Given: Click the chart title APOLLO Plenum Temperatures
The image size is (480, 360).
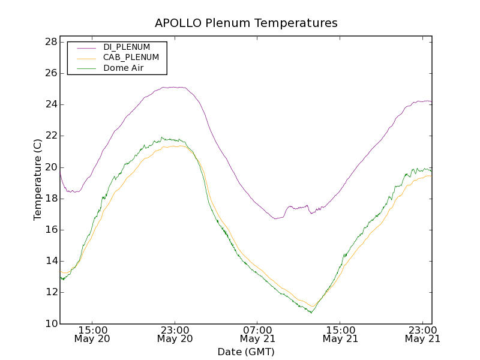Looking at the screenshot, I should [x=246, y=23].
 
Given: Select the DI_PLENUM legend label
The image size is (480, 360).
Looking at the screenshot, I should [x=127, y=47].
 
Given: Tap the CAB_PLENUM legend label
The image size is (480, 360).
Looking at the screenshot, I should [x=131, y=58].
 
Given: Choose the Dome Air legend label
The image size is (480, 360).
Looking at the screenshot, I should [x=123, y=68].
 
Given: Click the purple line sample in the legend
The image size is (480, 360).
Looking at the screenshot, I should [x=86, y=47].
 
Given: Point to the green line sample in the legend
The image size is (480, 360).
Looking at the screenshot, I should [x=86, y=68].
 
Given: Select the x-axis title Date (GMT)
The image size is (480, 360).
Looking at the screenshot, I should [x=245, y=352].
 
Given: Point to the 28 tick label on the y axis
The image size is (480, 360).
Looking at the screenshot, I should [x=50, y=42].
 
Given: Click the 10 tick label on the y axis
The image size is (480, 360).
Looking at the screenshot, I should [x=50, y=324].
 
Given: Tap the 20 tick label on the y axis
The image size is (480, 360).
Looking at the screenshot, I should [x=50, y=167].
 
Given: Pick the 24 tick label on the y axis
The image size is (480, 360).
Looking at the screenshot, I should [x=50, y=104].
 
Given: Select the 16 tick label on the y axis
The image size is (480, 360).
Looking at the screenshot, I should [x=50, y=230].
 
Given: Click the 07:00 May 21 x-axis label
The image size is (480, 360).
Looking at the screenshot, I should [x=257, y=334].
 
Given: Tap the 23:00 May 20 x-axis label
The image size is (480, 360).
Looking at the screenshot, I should [x=175, y=334].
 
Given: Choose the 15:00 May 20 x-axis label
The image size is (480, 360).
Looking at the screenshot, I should [x=92, y=334].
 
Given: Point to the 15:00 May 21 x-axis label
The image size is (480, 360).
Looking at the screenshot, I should [x=340, y=334].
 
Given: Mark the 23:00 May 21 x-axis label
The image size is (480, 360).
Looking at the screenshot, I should [x=423, y=334].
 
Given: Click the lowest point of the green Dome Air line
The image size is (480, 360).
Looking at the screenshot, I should [x=311, y=313].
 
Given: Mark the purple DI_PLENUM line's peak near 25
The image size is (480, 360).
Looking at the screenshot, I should [x=174, y=87].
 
